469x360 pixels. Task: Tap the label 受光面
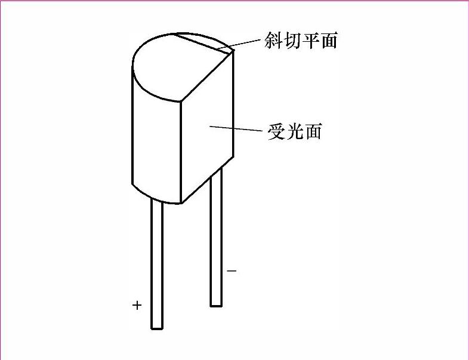(x=294, y=130)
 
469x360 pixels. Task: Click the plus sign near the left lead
(x=137, y=306)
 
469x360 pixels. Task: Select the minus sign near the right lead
(x=232, y=271)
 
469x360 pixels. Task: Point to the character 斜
(x=273, y=40)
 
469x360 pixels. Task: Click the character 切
(x=292, y=40)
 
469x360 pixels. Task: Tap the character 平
(x=310, y=40)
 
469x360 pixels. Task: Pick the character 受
(x=276, y=130)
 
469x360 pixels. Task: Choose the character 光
(x=294, y=130)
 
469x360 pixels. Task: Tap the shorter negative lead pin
(x=216, y=239)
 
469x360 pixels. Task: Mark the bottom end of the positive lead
(x=156, y=327)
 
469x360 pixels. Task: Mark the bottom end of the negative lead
(x=216, y=304)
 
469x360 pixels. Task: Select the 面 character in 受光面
(x=313, y=130)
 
